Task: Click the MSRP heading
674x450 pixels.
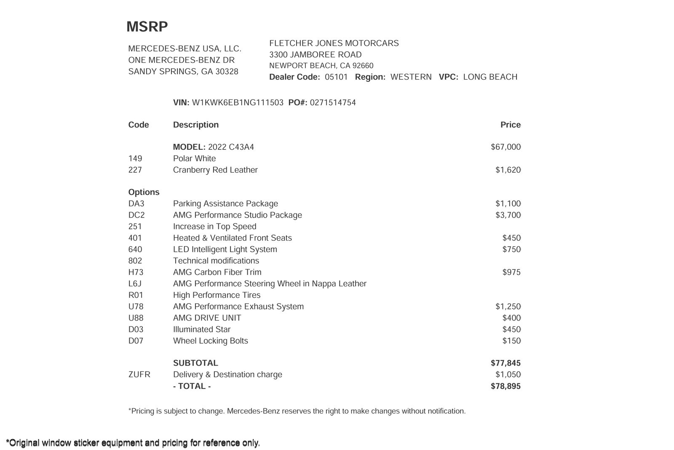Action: (147, 27)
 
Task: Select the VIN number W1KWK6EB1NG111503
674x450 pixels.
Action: (238, 102)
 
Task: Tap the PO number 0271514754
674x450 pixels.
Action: (333, 102)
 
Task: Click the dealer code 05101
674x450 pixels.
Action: (336, 77)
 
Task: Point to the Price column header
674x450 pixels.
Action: (510, 125)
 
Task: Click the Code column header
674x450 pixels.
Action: (139, 125)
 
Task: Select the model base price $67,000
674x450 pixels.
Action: (505, 147)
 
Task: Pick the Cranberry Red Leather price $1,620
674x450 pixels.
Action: (508, 170)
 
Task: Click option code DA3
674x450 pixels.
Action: (136, 204)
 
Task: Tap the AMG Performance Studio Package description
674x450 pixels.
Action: (237, 215)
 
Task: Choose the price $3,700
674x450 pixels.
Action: (508, 215)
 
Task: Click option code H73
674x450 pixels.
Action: (136, 272)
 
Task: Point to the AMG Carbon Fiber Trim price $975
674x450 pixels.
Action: (511, 272)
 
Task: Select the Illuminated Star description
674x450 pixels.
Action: (202, 329)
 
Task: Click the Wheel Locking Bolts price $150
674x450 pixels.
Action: (511, 341)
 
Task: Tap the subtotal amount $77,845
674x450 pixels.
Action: (505, 363)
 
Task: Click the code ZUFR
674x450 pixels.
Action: (139, 375)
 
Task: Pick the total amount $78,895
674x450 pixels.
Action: (505, 386)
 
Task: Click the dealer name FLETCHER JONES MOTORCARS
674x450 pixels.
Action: (334, 43)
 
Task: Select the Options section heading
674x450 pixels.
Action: (144, 192)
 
